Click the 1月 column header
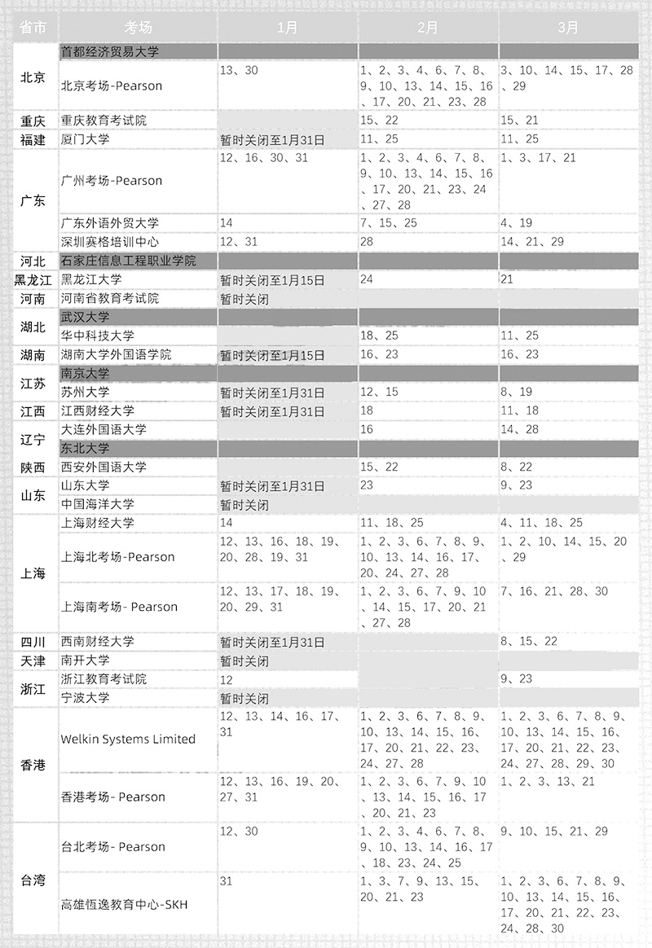point(287,27)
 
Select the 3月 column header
point(568,27)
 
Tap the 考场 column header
point(138,27)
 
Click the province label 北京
point(33,78)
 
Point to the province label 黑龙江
point(33,280)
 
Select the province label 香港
point(33,765)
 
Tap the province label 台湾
point(33,880)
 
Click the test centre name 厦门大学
point(86,139)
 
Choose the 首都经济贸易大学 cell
point(110,51)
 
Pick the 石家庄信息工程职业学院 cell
point(129,261)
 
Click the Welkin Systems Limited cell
point(128,740)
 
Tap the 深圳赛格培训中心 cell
point(110,242)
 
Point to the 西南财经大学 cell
point(98,642)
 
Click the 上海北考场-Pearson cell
point(118,557)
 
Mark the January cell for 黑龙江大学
point(272,280)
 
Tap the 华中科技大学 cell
point(98,336)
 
